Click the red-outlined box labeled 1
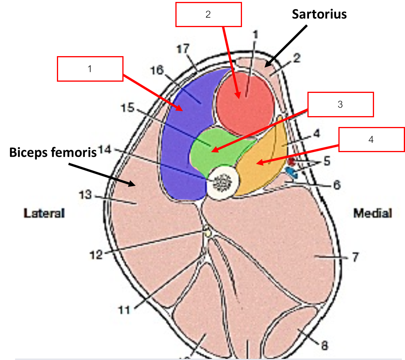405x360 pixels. pyautogui.click(x=90, y=69)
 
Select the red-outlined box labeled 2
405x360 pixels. pyautogui.click(x=208, y=15)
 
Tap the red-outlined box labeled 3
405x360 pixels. pyautogui.click(x=340, y=104)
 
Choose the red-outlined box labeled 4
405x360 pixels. pyautogui.click(x=371, y=139)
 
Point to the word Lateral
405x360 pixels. pyautogui.click(x=44, y=213)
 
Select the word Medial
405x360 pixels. pyautogui.click(x=372, y=213)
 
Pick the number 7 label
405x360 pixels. pyautogui.click(x=355, y=257)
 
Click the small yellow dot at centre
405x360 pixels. pyautogui.click(x=208, y=233)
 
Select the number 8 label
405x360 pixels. pyautogui.click(x=325, y=345)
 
